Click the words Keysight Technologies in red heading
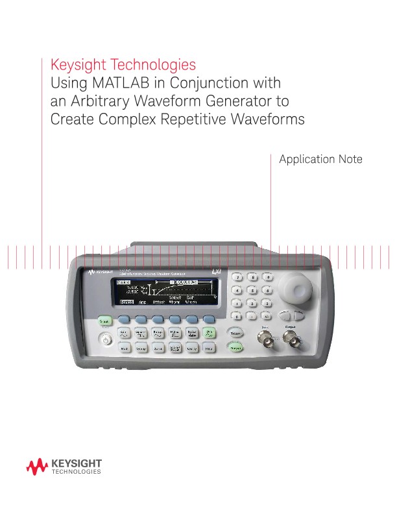pyautogui.click(x=123, y=66)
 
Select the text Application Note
pyautogui.click(x=320, y=159)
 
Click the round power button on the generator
pyautogui.click(x=104, y=341)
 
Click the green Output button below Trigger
pyautogui.click(x=236, y=349)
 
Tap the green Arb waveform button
pyautogui.click(x=209, y=334)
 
